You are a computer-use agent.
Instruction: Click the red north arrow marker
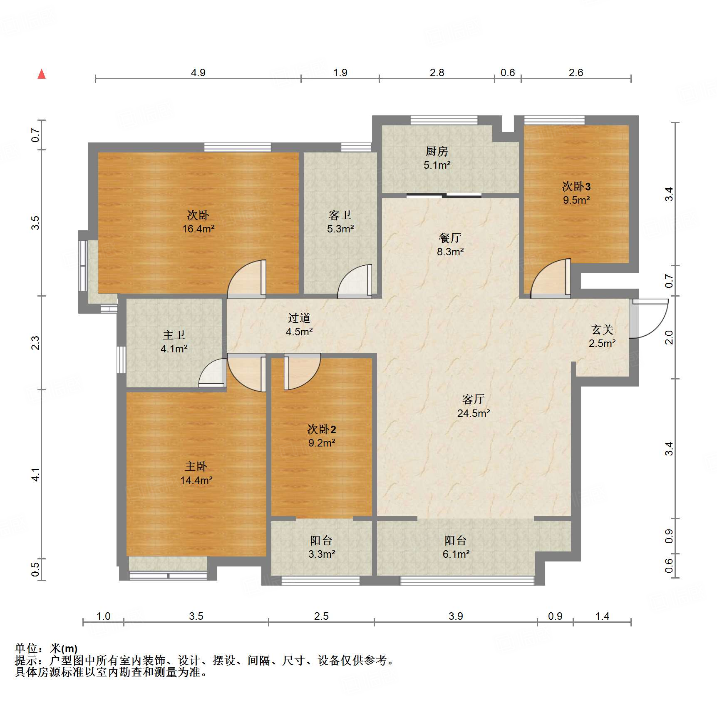[42, 74]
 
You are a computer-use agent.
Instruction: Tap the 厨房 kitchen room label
[437, 151]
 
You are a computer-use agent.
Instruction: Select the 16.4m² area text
[198, 229]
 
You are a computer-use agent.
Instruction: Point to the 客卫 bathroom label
[340, 215]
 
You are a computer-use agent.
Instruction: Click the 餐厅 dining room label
[450, 238]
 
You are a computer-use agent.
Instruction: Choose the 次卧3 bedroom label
[576, 186]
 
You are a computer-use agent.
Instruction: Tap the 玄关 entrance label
[602, 329]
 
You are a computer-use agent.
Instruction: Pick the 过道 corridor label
[299, 318]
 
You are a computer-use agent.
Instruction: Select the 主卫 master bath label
[174, 335]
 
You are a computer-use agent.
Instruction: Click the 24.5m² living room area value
[474, 413]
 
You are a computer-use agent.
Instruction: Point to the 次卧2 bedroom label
[321, 429]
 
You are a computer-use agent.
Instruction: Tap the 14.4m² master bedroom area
[196, 480]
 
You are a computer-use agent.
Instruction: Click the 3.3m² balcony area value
[322, 554]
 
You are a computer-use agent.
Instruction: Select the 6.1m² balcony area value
[456, 554]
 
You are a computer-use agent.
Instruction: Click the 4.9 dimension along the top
[198, 72]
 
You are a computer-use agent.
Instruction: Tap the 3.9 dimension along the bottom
[456, 616]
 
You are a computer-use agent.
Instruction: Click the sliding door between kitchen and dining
[444, 195]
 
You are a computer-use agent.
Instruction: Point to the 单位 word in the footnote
[26, 649]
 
